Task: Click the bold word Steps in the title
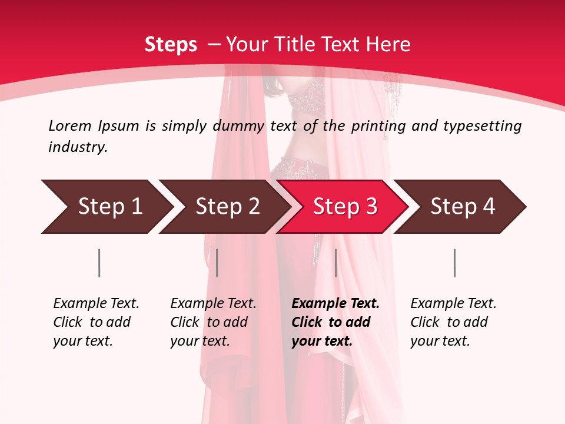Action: [x=171, y=44]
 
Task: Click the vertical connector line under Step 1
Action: [x=99, y=263]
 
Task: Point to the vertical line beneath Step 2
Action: [x=217, y=263]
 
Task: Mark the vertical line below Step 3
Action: [x=335, y=263]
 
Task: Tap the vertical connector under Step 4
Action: [x=454, y=263]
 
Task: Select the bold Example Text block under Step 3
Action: [x=335, y=322]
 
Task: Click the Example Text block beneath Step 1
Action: [x=96, y=322]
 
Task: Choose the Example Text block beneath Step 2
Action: [x=213, y=322]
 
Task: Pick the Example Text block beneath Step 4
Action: [x=453, y=322]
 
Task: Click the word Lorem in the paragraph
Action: [x=70, y=125]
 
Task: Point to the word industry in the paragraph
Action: [x=78, y=147]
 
